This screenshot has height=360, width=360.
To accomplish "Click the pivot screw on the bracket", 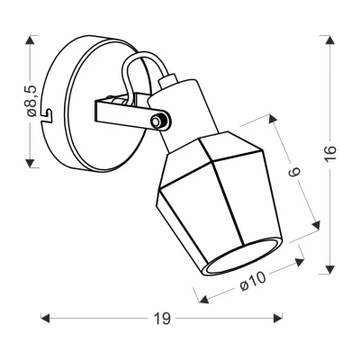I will pos(160,120).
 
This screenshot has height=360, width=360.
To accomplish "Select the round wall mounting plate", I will pos(90,108).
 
